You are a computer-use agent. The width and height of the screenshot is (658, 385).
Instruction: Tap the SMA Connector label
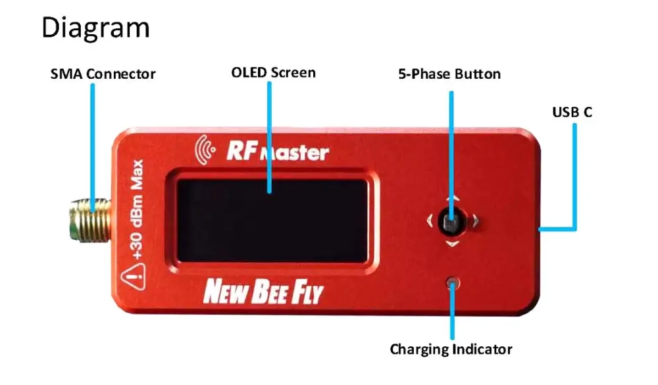(103, 74)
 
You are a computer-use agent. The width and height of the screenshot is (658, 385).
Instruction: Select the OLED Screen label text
(273, 72)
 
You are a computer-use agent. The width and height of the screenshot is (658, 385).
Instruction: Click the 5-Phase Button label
(449, 74)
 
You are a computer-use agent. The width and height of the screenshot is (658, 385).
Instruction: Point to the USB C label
(572, 112)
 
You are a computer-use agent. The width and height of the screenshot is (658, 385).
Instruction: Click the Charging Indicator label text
(451, 348)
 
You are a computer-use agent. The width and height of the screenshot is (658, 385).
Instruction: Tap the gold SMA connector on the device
(86, 219)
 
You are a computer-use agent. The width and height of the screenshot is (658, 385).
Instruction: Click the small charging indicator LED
(451, 283)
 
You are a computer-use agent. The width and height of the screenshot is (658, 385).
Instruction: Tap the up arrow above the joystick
(451, 198)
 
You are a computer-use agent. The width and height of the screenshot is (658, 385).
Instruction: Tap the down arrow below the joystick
(451, 244)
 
